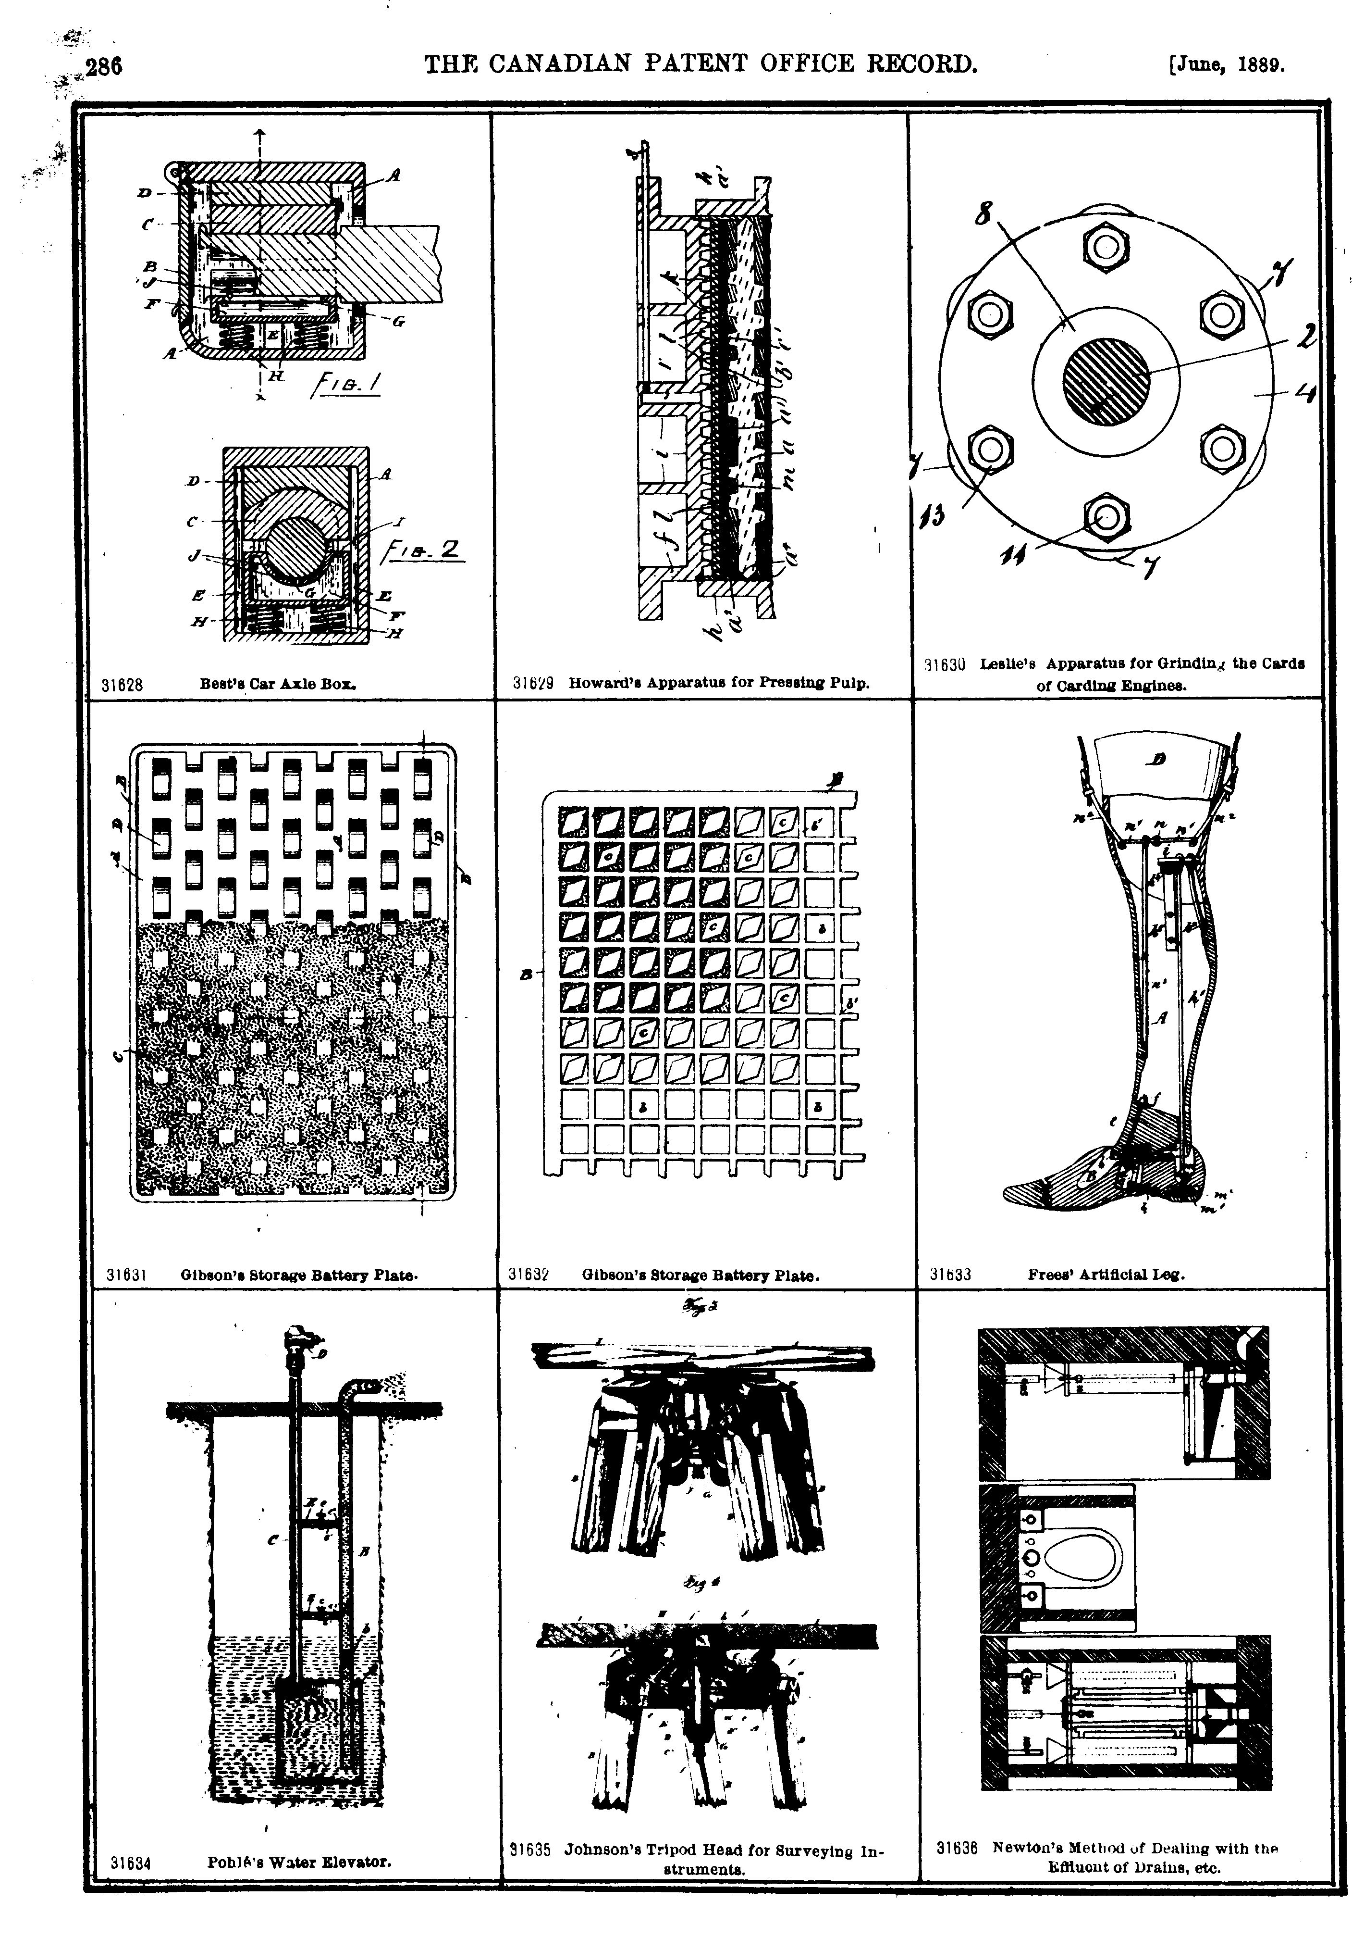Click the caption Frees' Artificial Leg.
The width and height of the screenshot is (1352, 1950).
1106,1274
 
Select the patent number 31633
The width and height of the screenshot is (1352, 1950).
950,1274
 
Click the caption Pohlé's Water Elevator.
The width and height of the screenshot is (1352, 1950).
299,1862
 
